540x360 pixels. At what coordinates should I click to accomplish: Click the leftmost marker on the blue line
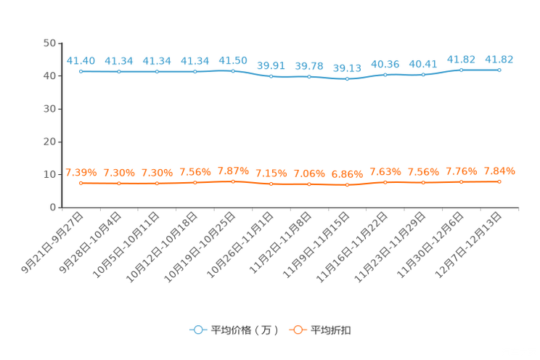[81, 71]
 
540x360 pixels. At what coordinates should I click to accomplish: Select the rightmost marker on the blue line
[499, 70]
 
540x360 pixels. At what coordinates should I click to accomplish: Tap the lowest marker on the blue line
[347, 78]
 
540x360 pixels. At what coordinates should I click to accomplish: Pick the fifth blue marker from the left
[233, 70]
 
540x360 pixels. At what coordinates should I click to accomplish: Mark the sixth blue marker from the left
[271, 75]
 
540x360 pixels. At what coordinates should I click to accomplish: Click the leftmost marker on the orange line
[81, 183]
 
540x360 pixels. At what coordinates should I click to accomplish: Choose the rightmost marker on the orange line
[499, 181]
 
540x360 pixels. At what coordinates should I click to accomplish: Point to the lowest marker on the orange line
[347, 185]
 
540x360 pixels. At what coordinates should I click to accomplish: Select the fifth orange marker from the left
[233, 181]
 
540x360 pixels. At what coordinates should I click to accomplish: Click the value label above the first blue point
[81, 60]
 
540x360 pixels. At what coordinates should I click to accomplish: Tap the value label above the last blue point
[499, 59]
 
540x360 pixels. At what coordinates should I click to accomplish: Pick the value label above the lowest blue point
[347, 67]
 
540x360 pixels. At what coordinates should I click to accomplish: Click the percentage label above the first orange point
[81, 172]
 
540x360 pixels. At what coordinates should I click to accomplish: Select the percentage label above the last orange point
[499, 171]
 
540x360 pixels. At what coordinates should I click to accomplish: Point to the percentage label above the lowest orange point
[347, 174]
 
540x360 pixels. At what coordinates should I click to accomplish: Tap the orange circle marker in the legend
[297, 330]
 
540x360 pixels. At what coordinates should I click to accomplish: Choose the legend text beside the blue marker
[245, 330]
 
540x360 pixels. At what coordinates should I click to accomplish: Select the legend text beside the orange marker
[332, 330]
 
